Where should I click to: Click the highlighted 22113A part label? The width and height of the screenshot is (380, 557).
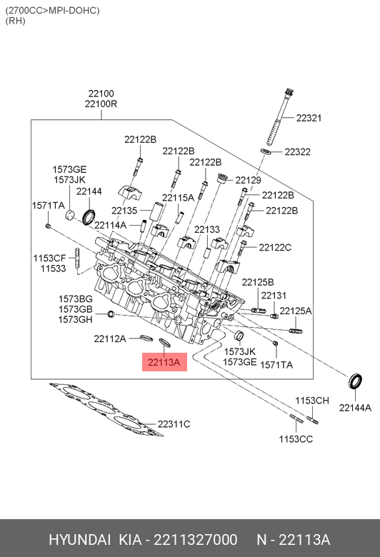(164, 362)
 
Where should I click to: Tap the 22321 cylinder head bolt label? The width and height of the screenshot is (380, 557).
(309, 118)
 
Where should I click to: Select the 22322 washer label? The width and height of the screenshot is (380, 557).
(298, 151)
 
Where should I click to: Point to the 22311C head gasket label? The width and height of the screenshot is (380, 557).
(174, 424)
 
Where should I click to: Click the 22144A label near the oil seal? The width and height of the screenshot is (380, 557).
(355, 408)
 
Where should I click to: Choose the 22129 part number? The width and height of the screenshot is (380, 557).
(248, 180)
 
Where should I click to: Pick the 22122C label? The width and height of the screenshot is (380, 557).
(275, 247)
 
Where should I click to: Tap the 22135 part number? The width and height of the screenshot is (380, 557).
(124, 211)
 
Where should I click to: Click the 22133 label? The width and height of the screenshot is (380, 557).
(207, 229)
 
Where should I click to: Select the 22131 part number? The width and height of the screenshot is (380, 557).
(274, 296)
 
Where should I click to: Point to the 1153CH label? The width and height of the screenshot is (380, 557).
(312, 401)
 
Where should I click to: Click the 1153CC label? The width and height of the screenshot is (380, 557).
(296, 439)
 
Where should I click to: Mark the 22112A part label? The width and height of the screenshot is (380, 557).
(110, 338)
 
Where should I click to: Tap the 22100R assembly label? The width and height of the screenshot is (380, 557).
(101, 104)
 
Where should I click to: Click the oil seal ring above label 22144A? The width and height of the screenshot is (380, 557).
(355, 381)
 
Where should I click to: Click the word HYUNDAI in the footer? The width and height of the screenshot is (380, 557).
(79, 540)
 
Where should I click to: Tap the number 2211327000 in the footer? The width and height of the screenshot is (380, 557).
(196, 540)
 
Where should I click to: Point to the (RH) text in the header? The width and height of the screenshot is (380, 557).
(15, 21)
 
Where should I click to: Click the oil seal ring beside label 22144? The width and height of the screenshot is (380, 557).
(89, 217)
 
